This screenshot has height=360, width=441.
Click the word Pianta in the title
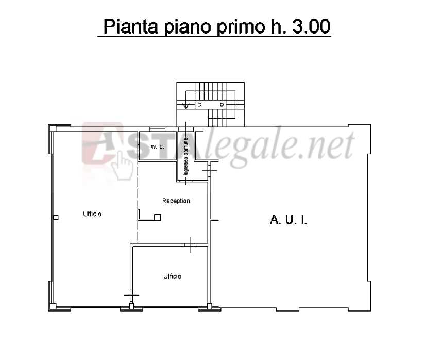point(131,26)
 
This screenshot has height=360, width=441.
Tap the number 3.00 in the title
point(311,26)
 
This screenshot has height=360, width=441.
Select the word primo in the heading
point(241,27)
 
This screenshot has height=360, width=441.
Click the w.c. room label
point(158,146)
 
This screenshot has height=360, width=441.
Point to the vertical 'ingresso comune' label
point(186,156)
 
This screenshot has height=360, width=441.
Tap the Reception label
point(176,201)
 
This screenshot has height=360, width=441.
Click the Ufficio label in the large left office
point(92,214)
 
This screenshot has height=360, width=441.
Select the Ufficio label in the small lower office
point(173,276)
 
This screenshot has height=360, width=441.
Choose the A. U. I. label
point(289,220)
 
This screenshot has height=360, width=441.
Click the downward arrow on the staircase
point(185,106)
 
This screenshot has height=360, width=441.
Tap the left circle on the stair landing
point(200,105)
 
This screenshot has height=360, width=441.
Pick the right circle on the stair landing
point(222,105)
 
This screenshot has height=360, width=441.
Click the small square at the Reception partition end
point(158,217)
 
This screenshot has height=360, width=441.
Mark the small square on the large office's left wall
point(56,217)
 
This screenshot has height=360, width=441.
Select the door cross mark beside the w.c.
point(139,151)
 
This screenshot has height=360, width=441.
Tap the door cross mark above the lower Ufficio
point(190,245)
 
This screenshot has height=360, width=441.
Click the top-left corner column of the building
point(53,128)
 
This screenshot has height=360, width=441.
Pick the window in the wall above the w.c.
point(157,129)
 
